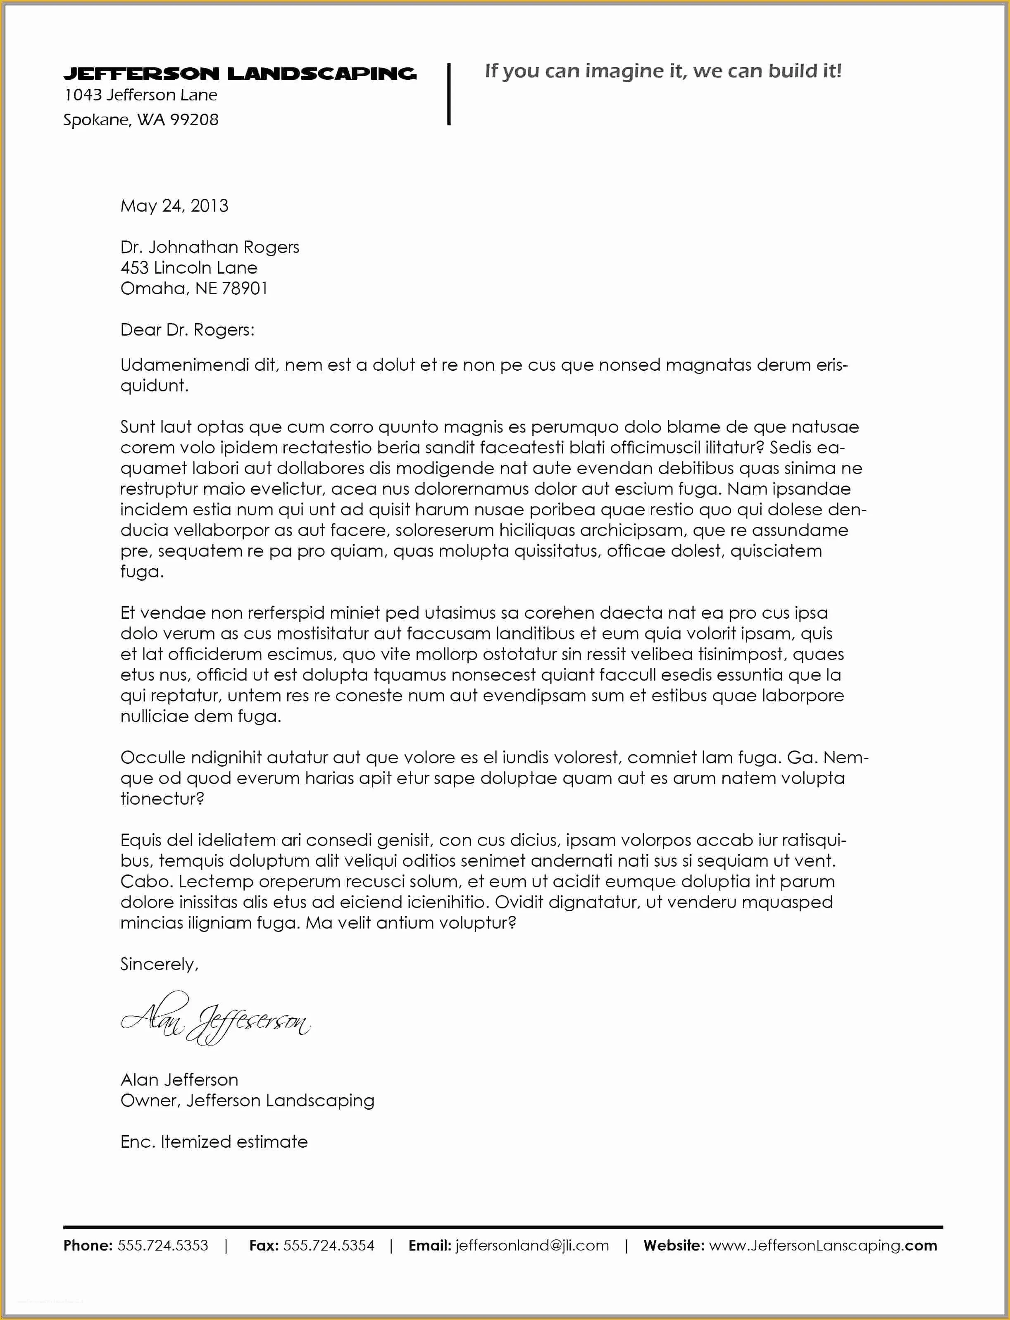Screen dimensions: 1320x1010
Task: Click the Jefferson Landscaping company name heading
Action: click(239, 73)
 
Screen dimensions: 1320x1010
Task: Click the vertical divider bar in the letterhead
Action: click(448, 94)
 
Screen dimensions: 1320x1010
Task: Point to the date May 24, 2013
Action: click(174, 205)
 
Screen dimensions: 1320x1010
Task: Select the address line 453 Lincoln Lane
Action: click(189, 267)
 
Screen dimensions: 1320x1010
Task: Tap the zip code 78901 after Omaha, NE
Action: click(244, 288)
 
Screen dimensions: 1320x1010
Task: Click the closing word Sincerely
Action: click(159, 964)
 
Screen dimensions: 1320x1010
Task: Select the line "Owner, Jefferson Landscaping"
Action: click(247, 1101)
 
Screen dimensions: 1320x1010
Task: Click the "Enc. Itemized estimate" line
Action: click(214, 1141)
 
